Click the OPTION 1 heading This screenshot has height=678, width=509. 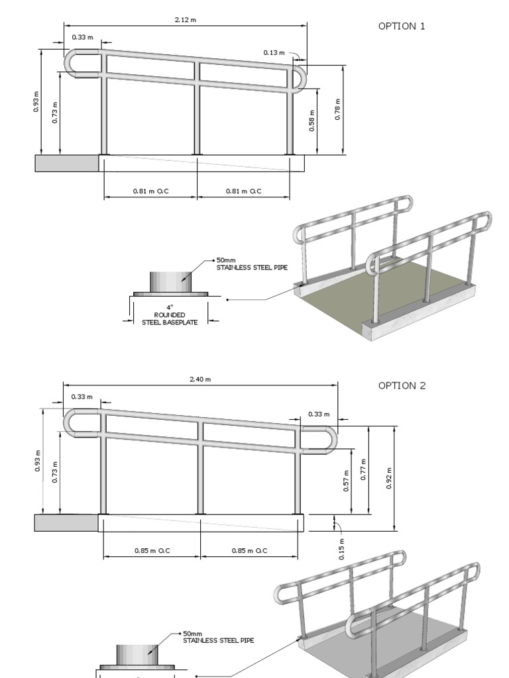point(402,26)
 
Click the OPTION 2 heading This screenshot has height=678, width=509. point(402,386)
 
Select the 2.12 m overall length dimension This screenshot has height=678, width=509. point(186,20)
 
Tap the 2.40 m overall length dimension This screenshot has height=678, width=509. point(200,379)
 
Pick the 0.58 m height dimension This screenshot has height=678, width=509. point(311,122)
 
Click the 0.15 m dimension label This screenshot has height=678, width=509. point(341,549)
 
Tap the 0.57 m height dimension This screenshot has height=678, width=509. point(345,477)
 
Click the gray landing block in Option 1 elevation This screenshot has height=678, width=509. point(66,163)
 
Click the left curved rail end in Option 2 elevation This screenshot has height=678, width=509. point(70,423)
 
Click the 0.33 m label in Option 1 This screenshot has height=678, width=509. point(82,37)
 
